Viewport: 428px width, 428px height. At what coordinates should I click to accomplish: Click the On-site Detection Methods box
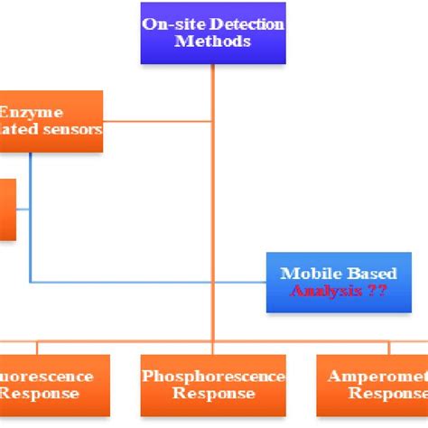(x=212, y=33)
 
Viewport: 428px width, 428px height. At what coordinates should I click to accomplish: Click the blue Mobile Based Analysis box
(x=326, y=283)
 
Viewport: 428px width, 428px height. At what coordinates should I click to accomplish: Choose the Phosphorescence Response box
(x=213, y=385)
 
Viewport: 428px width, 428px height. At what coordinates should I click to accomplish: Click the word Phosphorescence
(x=213, y=376)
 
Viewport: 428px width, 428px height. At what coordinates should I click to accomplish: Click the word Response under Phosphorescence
(x=213, y=394)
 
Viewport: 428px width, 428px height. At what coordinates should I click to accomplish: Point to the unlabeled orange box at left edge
(x=7, y=209)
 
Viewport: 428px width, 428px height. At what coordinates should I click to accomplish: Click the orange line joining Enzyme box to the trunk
(x=158, y=120)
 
